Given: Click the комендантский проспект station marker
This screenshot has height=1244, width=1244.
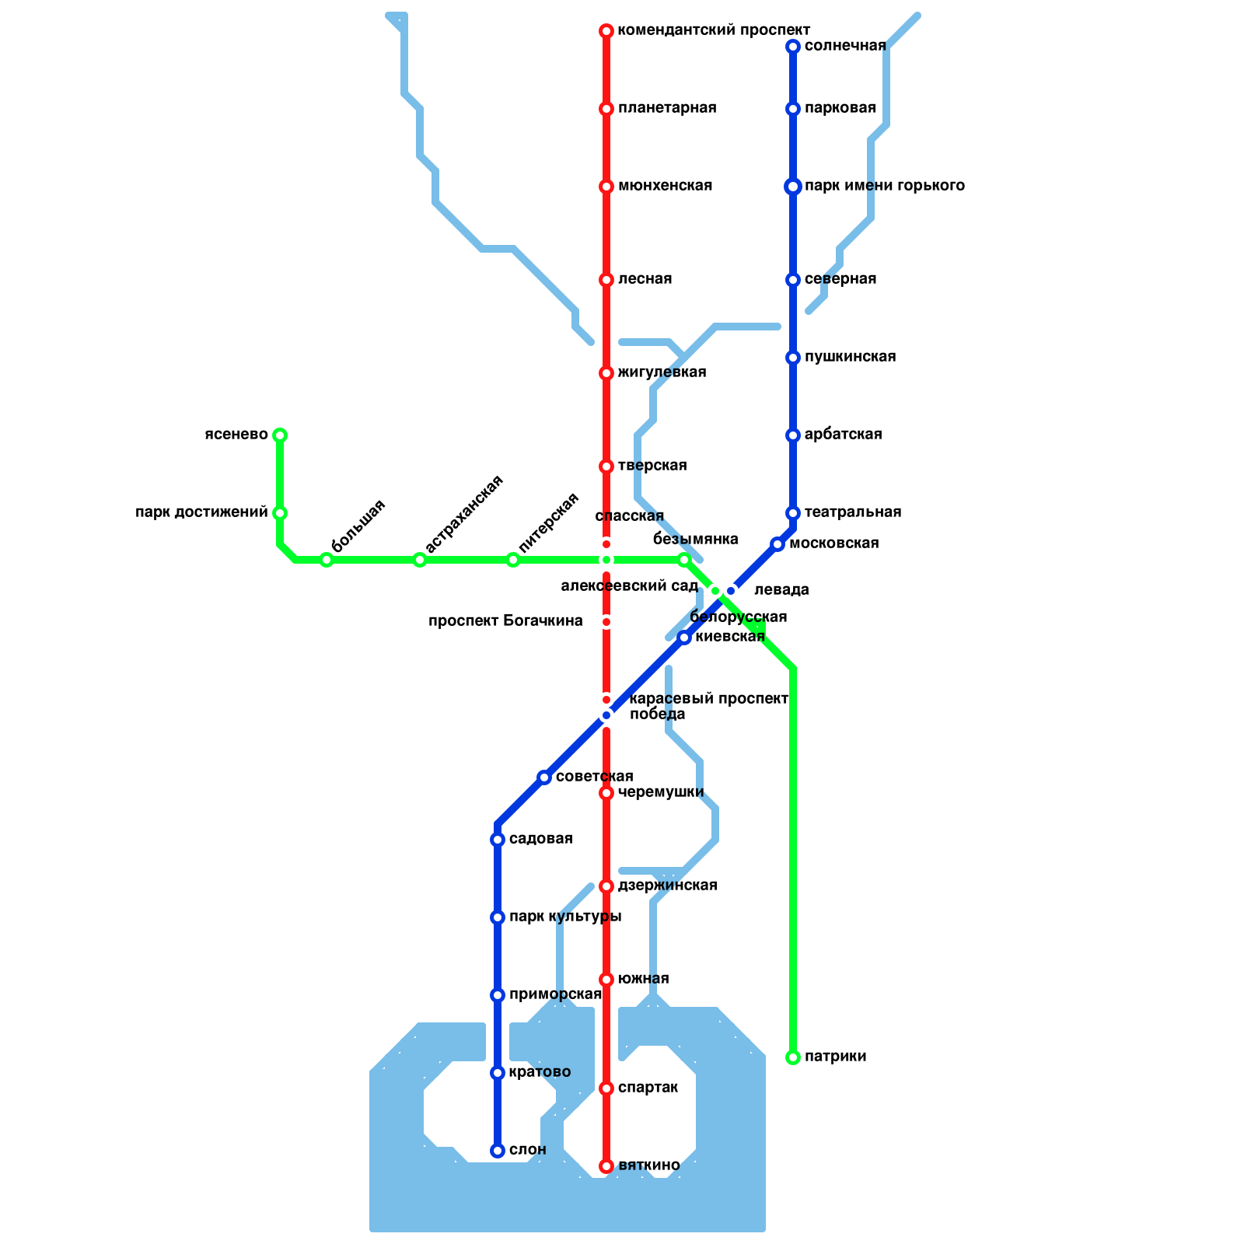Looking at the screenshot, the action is (x=606, y=31).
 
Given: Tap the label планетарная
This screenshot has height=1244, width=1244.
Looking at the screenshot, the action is (x=666, y=108).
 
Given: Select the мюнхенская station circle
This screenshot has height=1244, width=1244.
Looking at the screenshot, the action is (x=606, y=187).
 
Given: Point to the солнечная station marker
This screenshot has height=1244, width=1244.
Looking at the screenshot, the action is (x=793, y=47).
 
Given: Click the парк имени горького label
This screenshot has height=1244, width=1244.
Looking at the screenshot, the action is (x=884, y=186).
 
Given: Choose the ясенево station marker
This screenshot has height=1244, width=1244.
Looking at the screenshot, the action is (x=280, y=435).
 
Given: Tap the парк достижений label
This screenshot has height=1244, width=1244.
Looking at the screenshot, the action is (x=201, y=512).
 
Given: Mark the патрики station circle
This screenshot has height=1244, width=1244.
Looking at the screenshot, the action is (x=793, y=1057).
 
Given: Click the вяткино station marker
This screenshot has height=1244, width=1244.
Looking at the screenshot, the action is (x=606, y=1166).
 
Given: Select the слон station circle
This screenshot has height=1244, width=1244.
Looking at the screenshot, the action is (x=498, y=1151).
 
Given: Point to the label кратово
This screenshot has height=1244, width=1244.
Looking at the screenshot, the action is (x=540, y=1072).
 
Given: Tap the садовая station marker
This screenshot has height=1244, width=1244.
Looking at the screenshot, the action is (x=498, y=840).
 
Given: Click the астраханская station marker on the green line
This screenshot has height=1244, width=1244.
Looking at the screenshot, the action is (x=420, y=560).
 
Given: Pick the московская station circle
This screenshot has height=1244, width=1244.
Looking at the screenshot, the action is (x=777, y=544).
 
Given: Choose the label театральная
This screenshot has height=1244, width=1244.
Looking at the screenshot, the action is (x=852, y=512).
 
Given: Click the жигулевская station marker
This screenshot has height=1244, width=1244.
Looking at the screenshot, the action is (x=606, y=373).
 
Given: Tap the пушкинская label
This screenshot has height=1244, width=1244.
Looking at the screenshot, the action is (x=850, y=357).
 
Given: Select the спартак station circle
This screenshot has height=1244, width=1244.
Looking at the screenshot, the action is (x=606, y=1088).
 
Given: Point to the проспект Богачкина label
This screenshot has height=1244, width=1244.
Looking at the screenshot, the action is (x=505, y=621).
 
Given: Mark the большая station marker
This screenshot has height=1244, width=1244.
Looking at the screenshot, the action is (x=327, y=560).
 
